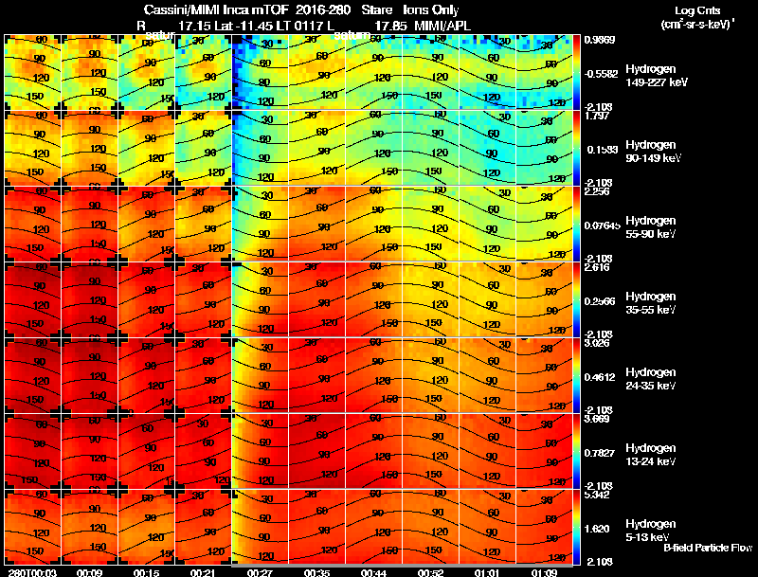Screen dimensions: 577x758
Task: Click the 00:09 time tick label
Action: click(x=91, y=571)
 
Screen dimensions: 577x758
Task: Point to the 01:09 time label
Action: click(x=545, y=571)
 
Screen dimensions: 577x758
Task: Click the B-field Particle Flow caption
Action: click(x=707, y=548)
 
